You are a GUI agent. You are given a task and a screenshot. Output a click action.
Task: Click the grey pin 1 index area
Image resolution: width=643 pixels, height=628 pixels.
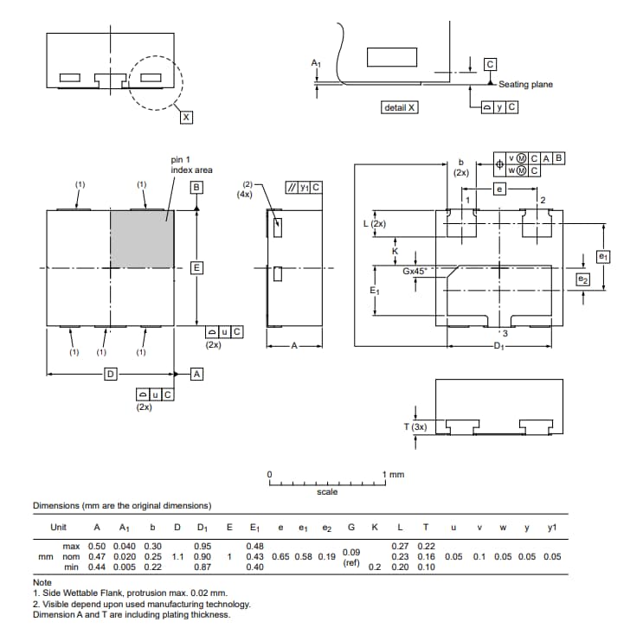tap(142, 239)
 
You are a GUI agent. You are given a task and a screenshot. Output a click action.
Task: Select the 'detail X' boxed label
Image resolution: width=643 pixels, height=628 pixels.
tap(399, 107)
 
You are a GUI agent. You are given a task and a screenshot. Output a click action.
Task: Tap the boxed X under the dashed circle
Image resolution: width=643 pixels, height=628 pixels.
tap(185, 118)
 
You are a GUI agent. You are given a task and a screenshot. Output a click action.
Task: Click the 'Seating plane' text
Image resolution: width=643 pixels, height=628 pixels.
tap(525, 85)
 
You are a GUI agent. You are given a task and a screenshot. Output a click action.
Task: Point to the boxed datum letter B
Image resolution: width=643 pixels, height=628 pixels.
tap(196, 187)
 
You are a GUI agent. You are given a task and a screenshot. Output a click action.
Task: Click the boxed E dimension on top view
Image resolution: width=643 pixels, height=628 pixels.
tap(196, 267)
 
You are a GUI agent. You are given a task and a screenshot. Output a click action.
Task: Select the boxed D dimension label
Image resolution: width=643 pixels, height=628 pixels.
tap(110, 374)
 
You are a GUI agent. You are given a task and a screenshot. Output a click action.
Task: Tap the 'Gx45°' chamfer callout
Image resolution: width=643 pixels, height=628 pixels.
tap(417, 271)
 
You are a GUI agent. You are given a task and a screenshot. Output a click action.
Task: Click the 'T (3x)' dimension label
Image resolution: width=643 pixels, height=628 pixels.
tap(416, 427)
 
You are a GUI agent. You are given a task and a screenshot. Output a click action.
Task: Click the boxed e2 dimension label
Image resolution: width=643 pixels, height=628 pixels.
tap(582, 279)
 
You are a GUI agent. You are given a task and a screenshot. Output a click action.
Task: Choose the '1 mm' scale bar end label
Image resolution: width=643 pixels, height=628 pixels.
tap(394, 474)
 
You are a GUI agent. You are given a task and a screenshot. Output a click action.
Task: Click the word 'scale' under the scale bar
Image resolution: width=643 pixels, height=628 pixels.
tap(327, 492)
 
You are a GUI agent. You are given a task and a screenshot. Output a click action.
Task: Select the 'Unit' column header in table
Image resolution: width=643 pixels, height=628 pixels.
tap(59, 527)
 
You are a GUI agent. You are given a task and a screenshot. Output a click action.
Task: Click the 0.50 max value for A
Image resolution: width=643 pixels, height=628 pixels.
tap(97, 546)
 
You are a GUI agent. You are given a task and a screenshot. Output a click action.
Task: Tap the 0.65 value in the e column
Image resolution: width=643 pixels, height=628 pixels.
tap(280, 556)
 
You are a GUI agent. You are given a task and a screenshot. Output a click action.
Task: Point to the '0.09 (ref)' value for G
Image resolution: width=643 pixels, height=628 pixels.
tap(351, 556)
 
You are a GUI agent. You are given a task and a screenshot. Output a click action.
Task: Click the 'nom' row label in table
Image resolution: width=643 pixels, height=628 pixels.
tap(72, 556)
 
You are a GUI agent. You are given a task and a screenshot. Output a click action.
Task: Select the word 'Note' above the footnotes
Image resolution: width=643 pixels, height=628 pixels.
tap(42, 583)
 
